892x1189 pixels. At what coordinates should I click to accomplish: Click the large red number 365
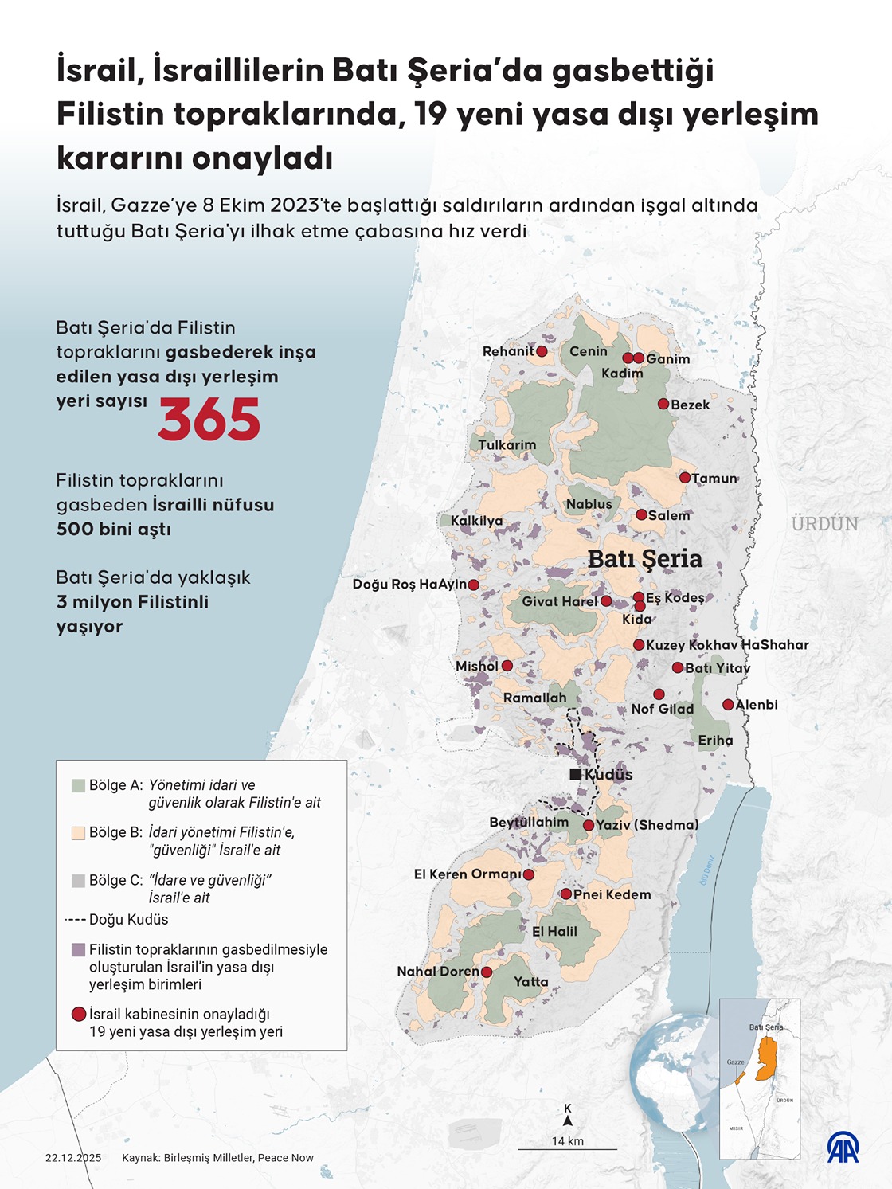point(209,420)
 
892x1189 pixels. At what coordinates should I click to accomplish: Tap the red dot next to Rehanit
point(542,351)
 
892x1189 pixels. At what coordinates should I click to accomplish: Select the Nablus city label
point(589,504)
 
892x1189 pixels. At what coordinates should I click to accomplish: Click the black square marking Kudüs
point(575,774)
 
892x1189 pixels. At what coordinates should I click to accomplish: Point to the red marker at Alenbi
point(728,705)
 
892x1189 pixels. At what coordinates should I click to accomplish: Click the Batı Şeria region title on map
point(644,559)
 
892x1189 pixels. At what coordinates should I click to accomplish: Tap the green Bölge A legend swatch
point(78,785)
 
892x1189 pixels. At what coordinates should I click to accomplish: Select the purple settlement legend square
point(78,950)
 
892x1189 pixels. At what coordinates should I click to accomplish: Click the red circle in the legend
point(78,1015)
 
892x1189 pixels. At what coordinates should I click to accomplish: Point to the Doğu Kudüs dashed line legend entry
point(116,920)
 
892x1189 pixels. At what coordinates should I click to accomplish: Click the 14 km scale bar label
point(568,1141)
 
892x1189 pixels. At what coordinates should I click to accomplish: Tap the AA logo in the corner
point(843,1147)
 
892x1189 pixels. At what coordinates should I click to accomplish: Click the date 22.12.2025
point(73,1158)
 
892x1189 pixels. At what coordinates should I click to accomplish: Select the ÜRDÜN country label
point(824,524)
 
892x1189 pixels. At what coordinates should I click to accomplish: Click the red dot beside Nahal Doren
point(487,972)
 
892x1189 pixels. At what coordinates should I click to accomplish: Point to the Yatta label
point(530,981)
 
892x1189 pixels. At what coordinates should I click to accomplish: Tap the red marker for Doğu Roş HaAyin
point(473,585)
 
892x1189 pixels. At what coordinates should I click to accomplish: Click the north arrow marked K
point(568,1116)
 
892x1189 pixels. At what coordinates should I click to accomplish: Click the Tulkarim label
point(507,445)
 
